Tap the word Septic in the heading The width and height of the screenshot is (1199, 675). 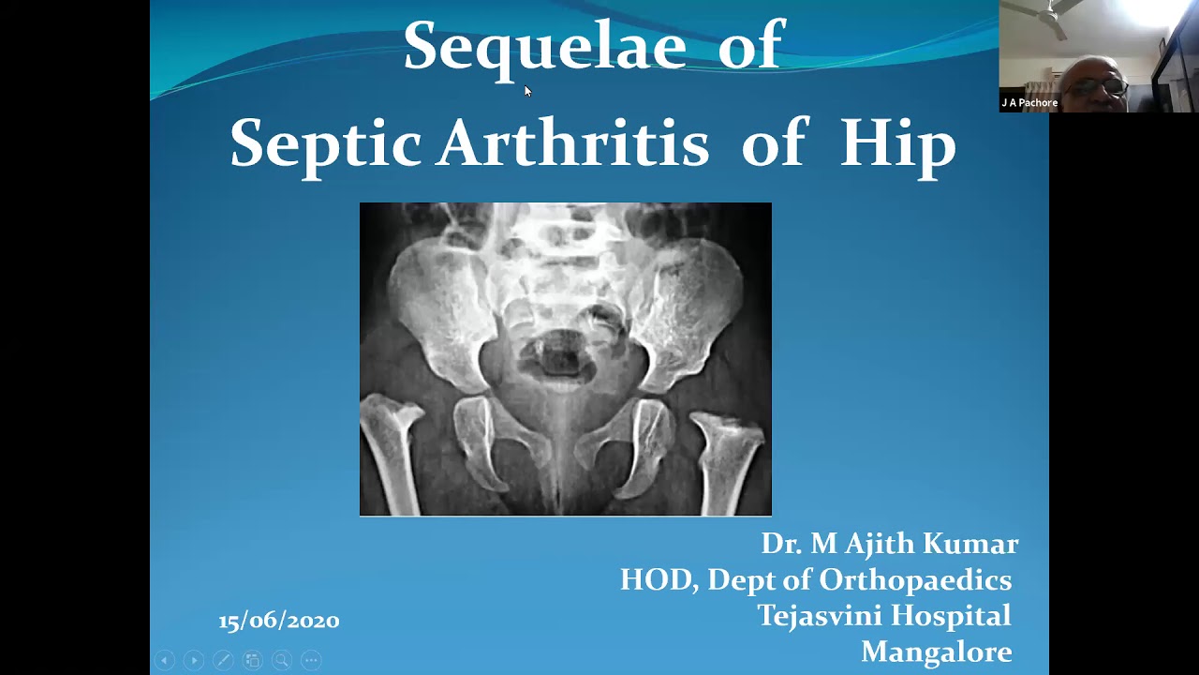coord(325,144)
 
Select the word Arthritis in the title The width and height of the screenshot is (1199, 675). coord(572,144)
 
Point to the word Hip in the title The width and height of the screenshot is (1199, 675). coord(897,144)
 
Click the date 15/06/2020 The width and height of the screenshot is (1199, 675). coord(278,621)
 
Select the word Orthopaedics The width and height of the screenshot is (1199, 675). coord(915,580)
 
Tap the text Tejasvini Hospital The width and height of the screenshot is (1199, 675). coord(883,616)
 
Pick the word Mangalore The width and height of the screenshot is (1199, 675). coord(936,652)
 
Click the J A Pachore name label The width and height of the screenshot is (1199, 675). coord(1029,103)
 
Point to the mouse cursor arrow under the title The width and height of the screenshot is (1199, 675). coord(527,91)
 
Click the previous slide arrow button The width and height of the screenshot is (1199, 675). coord(164,660)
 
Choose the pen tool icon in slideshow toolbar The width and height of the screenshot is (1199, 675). coord(223,660)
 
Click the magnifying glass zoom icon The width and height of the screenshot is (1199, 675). coord(281,660)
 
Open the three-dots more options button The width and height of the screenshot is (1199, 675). coord(311,660)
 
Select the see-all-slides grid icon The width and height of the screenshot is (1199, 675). coord(252,660)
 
